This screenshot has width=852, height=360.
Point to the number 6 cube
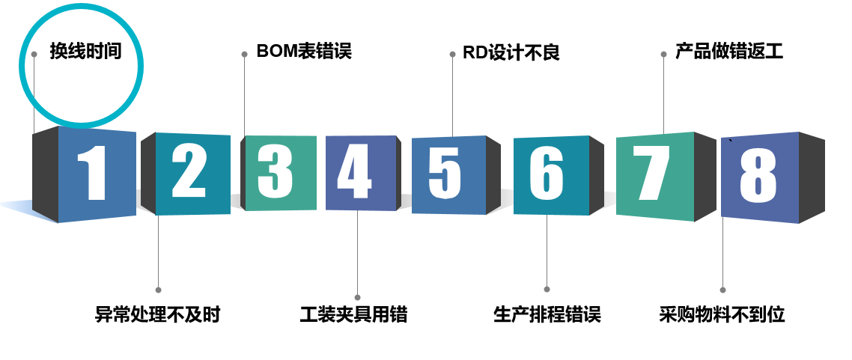click(x=547, y=174)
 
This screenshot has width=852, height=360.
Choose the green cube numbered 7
click(x=651, y=174)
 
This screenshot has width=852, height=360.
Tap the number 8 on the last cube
click(x=758, y=176)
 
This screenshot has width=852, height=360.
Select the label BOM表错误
click(x=303, y=51)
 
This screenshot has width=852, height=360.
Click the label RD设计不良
click(x=511, y=53)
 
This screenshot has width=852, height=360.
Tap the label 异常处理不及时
click(x=158, y=314)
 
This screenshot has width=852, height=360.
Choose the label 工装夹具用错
click(x=353, y=314)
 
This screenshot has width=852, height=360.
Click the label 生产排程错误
click(x=547, y=314)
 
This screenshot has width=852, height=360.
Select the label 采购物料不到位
click(x=722, y=314)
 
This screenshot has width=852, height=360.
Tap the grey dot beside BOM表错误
click(x=244, y=54)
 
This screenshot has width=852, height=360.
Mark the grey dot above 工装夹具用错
click(x=357, y=297)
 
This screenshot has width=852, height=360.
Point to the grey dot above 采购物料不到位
click(x=722, y=290)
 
